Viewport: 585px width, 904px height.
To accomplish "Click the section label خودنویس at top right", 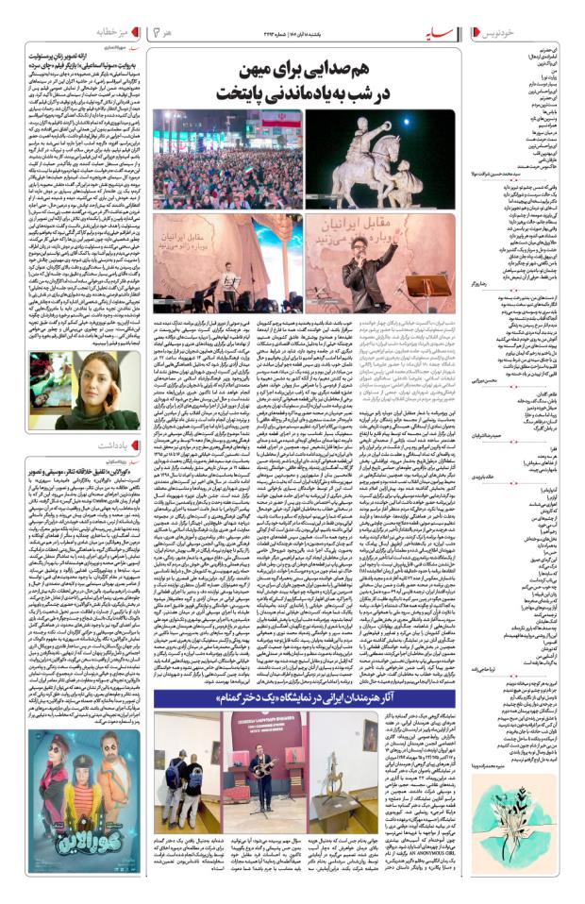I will [547, 33].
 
